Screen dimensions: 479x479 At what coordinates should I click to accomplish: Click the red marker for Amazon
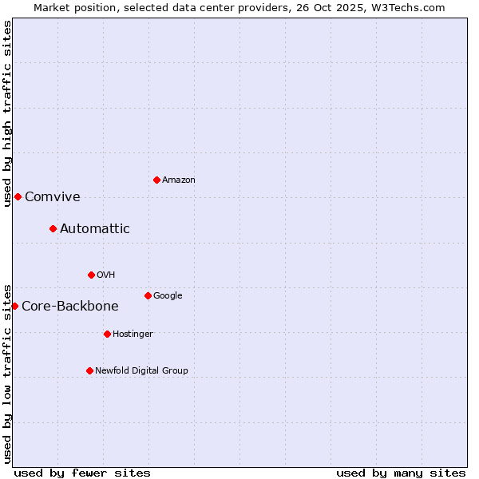pyautogui.click(x=156, y=180)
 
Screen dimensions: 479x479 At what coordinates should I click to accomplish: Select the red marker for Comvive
pyautogui.click(x=18, y=196)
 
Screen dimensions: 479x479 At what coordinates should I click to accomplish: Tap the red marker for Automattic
pyautogui.click(x=53, y=228)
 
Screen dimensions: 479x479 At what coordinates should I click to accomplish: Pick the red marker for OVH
pyautogui.click(x=91, y=275)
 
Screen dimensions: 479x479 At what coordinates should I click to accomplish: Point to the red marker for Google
pyautogui.click(x=148, y=295)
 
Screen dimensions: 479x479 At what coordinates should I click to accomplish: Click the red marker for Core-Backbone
pyautogui.click(x=14, y=306)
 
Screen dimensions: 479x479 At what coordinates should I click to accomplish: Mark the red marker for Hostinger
pyautogui.click(x=107, y=334)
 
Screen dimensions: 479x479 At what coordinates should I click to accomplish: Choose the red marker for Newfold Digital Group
pyautogui.click(x=89, y=370)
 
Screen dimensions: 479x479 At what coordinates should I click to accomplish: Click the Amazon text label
pyautogui.click(x=179, y=180)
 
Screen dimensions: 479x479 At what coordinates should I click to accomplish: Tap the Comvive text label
pyautogui.click(x=53, y=197)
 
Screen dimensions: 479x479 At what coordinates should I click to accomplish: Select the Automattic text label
pyautogui.click(x=95, y=229)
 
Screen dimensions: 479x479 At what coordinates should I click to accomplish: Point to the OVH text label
pyautogui.click(x=106, y=275)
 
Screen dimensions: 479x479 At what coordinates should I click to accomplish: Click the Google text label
pyautogui.click(x=168, y=296)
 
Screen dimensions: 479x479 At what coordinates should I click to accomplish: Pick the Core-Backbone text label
pyautogui.click(x=70, y=307)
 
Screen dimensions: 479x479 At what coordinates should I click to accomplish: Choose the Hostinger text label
pyautogui.click(x=133, y=335)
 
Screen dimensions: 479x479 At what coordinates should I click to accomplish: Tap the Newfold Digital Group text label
pyautogui.click(x=141, y=371)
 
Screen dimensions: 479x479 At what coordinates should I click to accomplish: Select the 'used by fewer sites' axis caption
pyautogui.click(x=82, y=473)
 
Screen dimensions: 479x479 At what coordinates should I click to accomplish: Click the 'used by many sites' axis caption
pyautogui.click(x=401, y=473)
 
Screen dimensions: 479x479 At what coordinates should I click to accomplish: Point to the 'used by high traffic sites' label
pyautogui.click(x=7, y=113)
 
